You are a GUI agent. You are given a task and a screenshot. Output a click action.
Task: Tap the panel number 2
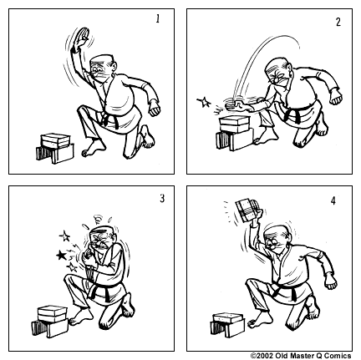coord(337,22)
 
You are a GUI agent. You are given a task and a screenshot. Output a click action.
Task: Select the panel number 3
coord(161,199)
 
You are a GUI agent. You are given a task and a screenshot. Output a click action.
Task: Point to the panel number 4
coord(334,200)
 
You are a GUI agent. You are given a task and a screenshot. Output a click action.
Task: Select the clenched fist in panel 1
coord(153,109)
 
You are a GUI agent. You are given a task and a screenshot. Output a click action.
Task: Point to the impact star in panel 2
coord(201,103)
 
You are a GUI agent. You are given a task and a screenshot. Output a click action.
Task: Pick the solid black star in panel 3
coord(59,253)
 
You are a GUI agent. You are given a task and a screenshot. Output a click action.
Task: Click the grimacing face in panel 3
coord(101,243)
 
